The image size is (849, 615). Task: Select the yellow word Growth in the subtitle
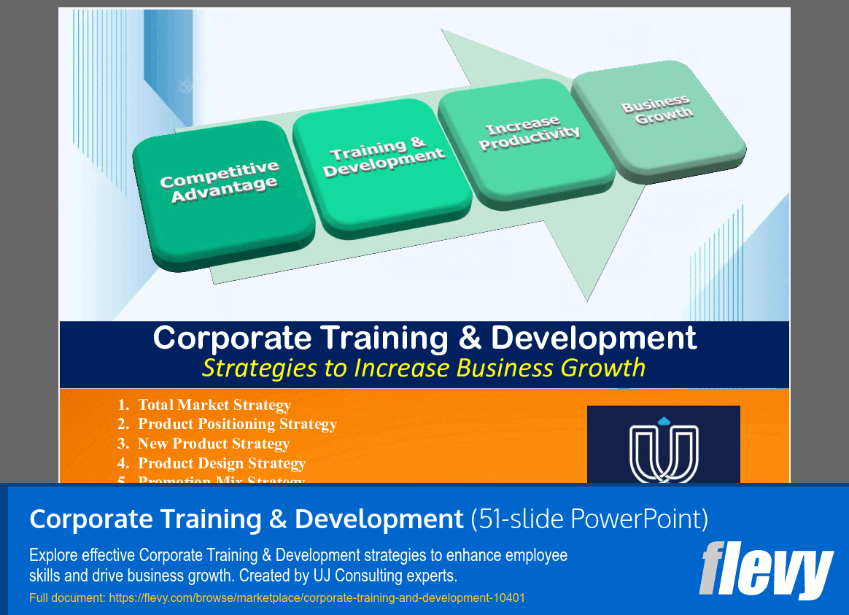(x=603, y=368)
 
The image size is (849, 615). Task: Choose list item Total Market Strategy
(x=214, y=405)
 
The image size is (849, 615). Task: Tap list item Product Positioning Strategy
(x=237, y=424)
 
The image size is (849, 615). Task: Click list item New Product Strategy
(x=214, y=444)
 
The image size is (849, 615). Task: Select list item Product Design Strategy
(x=222, y=463)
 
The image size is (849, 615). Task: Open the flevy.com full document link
(x=317, y=598)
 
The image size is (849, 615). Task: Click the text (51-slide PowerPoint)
(x=589, y=519)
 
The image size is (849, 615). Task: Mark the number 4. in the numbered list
(x=123, y=463)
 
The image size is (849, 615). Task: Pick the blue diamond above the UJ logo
(x=663, y=421)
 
